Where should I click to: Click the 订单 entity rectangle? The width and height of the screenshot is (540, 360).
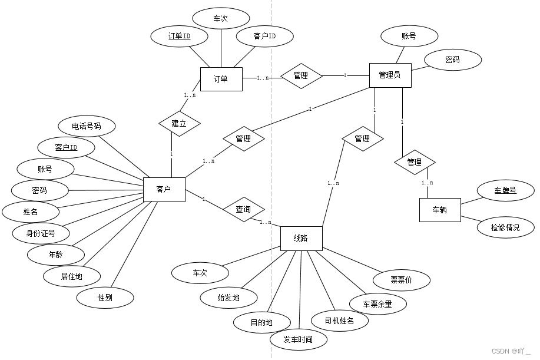pos(221,79)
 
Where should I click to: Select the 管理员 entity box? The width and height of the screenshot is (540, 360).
pos(390,75)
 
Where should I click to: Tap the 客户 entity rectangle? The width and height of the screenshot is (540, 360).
pos(164,189)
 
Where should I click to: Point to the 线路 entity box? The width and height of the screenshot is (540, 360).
pos(301,238)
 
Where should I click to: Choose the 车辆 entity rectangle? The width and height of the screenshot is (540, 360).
pos(439,210)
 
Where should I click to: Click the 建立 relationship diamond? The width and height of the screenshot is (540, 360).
pos(179,124)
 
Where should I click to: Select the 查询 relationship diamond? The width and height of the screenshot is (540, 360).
pos(243,209)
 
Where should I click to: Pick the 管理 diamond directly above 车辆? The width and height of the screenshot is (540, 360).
pos(414,162)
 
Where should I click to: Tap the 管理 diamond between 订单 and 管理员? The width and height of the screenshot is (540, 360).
pos(301,75)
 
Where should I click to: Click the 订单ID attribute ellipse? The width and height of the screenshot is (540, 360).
pos(179,37)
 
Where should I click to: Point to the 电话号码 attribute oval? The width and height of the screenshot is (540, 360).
pos(87,126)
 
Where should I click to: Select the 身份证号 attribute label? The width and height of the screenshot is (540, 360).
pos(41,233)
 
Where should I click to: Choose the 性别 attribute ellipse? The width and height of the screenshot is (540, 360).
pos(105,298)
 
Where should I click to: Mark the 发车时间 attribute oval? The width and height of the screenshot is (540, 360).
pos(297,339)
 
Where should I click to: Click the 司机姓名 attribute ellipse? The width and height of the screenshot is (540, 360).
pos(339,321)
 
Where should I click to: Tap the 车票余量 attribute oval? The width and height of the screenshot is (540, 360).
pos(377,304)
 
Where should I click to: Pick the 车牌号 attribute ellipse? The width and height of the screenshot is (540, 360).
pos(505,190)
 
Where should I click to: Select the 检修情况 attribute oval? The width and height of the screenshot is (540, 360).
pos(505,227)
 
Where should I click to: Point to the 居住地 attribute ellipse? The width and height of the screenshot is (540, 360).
pos(72,275)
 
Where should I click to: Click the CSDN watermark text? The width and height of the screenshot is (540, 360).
pos(511,351)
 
